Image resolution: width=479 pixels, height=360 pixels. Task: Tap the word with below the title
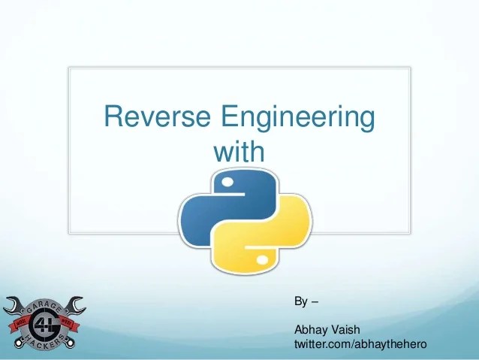[x=239, y=152]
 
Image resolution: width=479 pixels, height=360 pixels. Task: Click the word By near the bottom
[x=300, y=302]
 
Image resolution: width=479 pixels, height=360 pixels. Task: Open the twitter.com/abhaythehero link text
[x=360, y=343]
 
